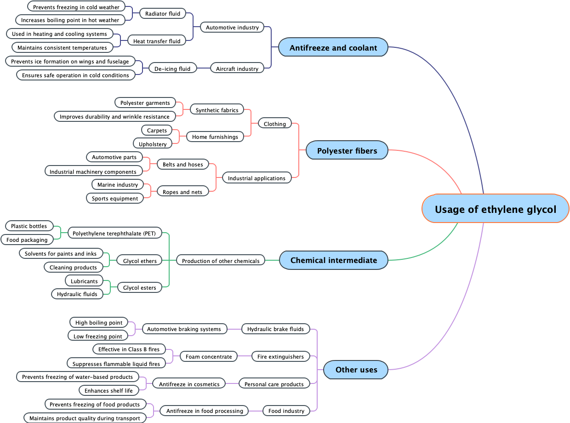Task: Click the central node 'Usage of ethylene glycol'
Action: [x=495, y=209]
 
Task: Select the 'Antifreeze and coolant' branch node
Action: [x=333, y=47]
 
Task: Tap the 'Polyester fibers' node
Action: [x=347, y=150]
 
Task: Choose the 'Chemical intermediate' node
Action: [x=333, y=260]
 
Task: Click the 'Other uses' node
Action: [x=356, y=369]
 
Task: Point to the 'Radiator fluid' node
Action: [x=163, y=13]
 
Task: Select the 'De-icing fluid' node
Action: [x=172, y=69]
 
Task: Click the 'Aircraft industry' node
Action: [x=238, y=69]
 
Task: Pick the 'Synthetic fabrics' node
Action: [x=217, y=110]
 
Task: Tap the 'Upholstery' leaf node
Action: [x=153, y=144]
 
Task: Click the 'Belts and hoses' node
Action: [x=182, y=164]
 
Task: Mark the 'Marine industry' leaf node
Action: [x=118, y=184]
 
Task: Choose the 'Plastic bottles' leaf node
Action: [x=29, y=226]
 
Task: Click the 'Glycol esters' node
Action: [x=140, y=287]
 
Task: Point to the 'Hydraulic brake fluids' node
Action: [x=275, y=329]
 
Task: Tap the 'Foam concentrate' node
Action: [x=209, y=356]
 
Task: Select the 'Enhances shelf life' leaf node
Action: [x=108, y=390]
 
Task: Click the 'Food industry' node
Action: [x=286, y=411]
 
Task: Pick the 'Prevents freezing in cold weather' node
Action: [x=76, y=7]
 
